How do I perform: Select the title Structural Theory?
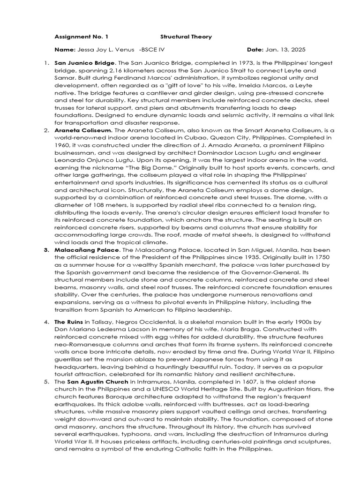[186, 37]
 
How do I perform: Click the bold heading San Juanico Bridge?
[84, 63]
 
